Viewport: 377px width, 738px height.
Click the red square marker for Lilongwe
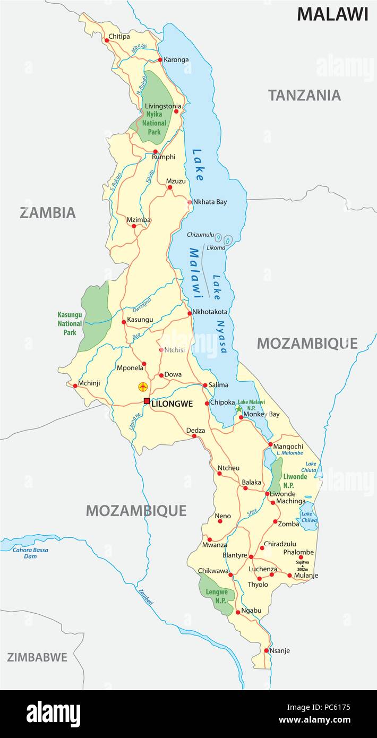tap(147, 401)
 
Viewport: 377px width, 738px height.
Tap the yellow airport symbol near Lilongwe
tap(142, 387)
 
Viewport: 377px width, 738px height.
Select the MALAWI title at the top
tap(332, 14)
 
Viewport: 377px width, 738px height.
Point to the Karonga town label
tap(176, 59)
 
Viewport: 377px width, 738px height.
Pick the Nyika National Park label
tap(154, 123)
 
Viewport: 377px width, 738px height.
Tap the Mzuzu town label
tap(176, 181)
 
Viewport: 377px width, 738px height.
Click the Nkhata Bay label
tap(210, 202)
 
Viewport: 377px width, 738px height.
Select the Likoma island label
tap(216, 248)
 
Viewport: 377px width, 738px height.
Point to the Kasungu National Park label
tap(70, 323)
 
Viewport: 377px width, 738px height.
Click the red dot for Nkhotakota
tap(190, 313)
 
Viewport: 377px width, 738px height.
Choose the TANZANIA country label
tap(304, 96)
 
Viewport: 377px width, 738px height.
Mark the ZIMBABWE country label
tap(37, 657)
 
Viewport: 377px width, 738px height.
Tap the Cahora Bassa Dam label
tap(31, 553)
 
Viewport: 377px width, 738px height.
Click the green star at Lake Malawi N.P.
tap(239, 408)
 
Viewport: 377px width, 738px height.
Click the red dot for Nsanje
tap(267, 650)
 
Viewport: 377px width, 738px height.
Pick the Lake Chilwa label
tap(307, 517)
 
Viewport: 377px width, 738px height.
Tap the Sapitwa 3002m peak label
tap(302, 565)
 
